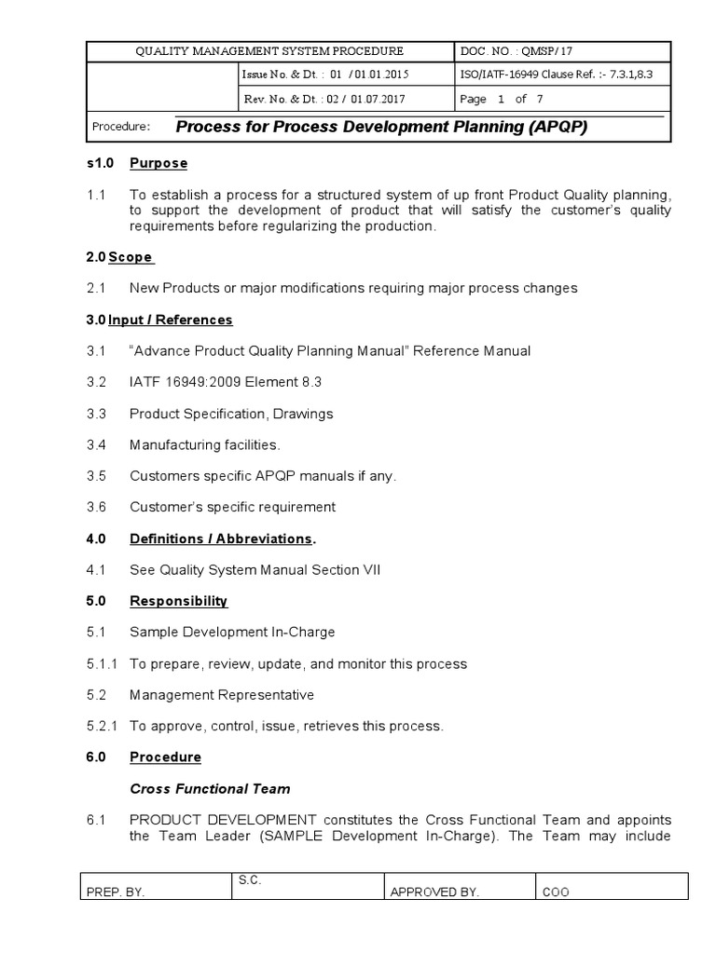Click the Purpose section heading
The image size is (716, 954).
click(x=158, y=163)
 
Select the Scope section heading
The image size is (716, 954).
click(x=131, y=256)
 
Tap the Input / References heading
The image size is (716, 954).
click(x=170, y=320)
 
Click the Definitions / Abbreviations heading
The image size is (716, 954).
click(x=221, y=538)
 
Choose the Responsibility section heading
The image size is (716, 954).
click(x=178, y=601)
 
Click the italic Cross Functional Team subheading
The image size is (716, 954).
click(x=210, y=788)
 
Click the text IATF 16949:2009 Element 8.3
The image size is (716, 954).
click(x=226, y=382)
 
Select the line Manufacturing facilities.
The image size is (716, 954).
click(x=204, y=444)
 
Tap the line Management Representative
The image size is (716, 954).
click(x=222, y=694)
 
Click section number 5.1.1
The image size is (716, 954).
click(x=102, y=663)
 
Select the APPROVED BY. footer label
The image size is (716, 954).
click(x=434, y=892)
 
